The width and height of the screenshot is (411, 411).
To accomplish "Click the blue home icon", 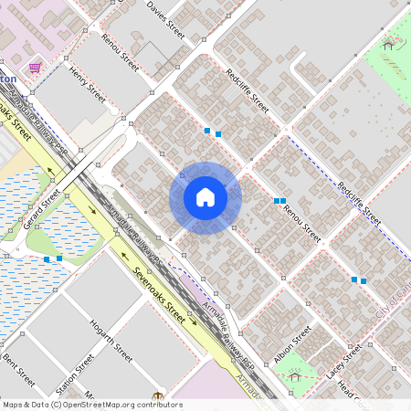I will (x=205, y=197).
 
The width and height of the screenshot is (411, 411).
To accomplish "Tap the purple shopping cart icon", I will (x=35, y=68).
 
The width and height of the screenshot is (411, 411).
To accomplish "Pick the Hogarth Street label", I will (x=111, y=342).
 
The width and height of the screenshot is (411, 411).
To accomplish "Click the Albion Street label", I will (x=293, y=342).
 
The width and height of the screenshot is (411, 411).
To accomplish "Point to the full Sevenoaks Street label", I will (x=158, y=296).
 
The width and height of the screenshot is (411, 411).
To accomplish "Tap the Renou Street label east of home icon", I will (x=301, y=223).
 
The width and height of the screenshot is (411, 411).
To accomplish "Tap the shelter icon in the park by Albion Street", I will (x=294, y=374).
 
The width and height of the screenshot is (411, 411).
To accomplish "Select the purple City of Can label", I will (x=393, y=298).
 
